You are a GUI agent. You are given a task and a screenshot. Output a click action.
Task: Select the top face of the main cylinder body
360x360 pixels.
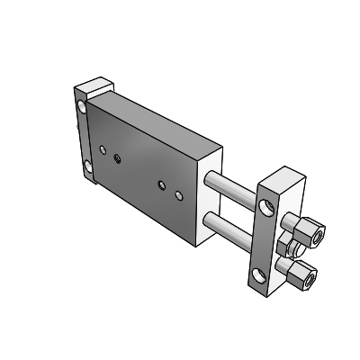pyautogui.click(x=166, y=117)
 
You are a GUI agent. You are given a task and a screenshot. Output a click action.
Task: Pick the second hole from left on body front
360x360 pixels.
pyautogui.click(x=119, y=158)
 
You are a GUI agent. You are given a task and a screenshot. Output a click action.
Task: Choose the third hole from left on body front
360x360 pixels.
pyautogui.click(x=162, y=184)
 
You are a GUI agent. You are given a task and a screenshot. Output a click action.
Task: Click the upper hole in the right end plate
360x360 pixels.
pyautogui.click(x=268, y=211)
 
